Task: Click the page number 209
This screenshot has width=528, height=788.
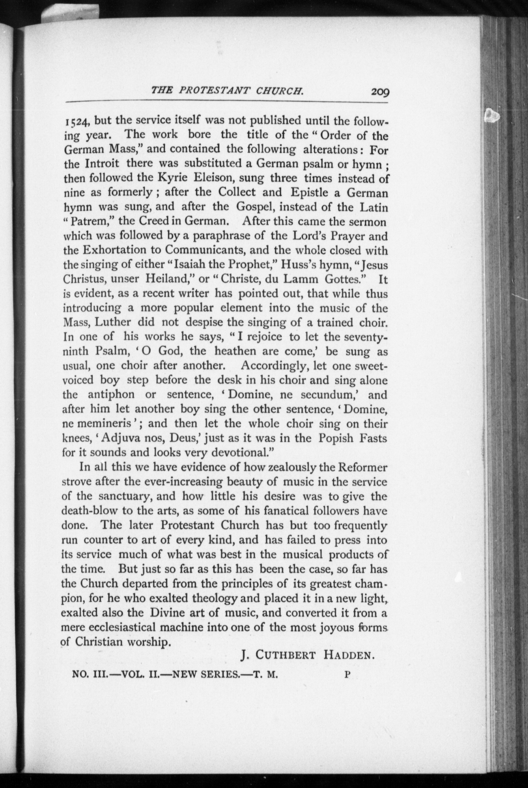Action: pos(380,92)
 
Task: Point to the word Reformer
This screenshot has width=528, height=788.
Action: pos(363,467)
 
